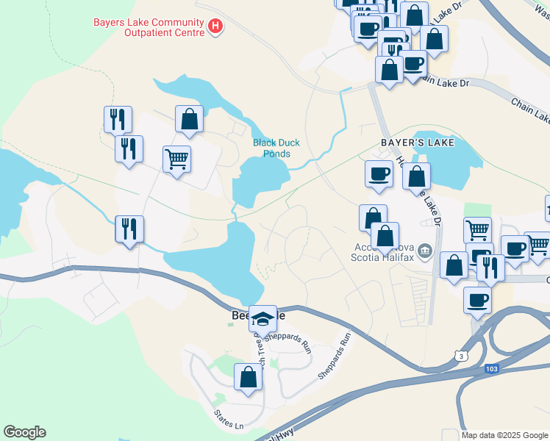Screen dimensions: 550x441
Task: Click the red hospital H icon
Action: [215, 27]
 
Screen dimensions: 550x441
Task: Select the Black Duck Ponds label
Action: [276, 148]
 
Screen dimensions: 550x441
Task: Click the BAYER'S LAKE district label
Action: [417, 142]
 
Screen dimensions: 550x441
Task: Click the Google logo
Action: [24, 432]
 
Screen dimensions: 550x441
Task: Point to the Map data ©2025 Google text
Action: [504, 435]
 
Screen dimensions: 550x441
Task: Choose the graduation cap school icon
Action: [262, 318]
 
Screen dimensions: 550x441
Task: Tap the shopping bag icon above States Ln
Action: [248, 377]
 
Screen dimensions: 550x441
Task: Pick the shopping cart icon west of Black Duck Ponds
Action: [176, 158]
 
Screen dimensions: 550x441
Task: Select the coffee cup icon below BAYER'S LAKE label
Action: [379, 174]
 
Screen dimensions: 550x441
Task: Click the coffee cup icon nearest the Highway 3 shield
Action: [477, 300]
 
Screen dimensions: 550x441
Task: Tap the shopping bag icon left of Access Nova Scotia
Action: [373, 218]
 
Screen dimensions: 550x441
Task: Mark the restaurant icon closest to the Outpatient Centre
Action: [117, 118]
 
